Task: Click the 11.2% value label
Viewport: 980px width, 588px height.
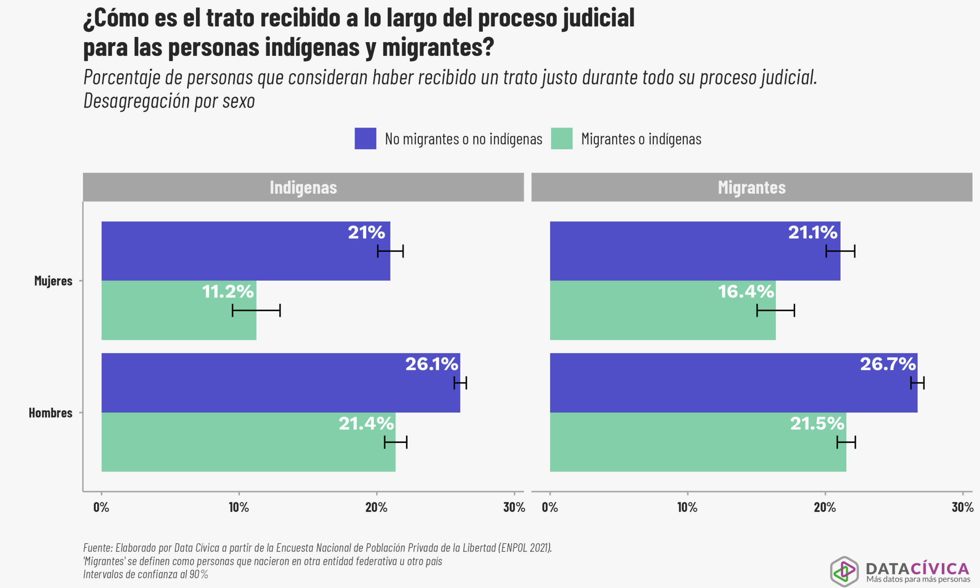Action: (x=228, y=292)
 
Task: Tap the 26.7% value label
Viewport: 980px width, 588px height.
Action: (x=888, y=364)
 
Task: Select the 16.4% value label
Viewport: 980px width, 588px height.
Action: (x=746, y=292)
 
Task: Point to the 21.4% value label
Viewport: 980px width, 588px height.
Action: (x=366, y=423)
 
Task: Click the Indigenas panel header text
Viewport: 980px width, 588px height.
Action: (x=303, y=188)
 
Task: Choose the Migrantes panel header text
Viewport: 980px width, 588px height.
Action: (x=751, y=188)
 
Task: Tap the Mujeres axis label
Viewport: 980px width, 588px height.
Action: (x=53, y=281)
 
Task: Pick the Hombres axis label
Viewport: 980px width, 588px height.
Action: (x=50, y=413)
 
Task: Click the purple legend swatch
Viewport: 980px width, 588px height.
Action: (x=365, y=138)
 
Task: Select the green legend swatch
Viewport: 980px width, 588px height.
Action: (x=561, y=138)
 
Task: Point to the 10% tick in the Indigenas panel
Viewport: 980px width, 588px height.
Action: (x=239, y=507)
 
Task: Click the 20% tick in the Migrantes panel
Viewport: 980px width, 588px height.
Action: (x=825, y=507)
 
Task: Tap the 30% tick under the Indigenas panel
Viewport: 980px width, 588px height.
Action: (x=514, y=507)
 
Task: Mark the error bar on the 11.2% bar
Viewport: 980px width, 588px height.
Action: (x=256, y=310)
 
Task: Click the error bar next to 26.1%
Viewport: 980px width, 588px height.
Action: (x=460, y=383)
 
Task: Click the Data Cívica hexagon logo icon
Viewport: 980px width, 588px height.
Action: (x=844, y=572)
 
